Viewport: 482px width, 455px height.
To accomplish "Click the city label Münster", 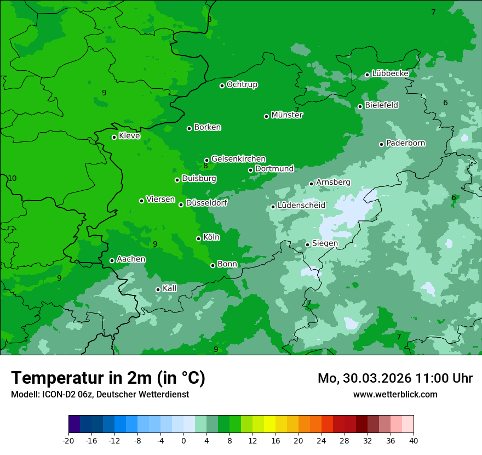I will tap(287, 115).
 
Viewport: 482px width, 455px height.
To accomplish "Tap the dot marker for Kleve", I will tap(114, 137).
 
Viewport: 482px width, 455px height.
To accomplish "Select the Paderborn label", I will tap(405, 143).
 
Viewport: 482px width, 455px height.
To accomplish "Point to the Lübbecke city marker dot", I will tap(367, 75).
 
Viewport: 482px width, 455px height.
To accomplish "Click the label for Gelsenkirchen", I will tap(238, 159).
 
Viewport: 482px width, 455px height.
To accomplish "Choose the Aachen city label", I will tap(131, 259).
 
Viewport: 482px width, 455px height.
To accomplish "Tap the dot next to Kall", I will tap(158, 289).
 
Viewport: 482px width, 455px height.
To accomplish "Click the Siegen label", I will tap(325, 243).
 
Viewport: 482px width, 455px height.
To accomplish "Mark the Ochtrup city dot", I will tap(222, 86).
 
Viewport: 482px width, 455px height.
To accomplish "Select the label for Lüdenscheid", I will tap(301, 206).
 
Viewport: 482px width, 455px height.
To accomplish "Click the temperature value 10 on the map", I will tap(12, 178).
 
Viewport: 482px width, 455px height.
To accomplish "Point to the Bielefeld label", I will tap(381, 105).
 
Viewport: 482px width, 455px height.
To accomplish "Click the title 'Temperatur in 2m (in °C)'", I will tap(108, 378).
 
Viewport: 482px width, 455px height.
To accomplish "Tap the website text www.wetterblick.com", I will tap(395, 394).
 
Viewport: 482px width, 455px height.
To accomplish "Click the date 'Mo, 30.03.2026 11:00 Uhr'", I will tap(395, 378).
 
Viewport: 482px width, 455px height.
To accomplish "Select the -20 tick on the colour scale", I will tap(68, 440).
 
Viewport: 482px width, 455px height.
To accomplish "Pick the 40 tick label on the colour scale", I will tap(414, 440).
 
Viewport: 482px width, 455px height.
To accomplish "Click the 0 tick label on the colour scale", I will tap(183, 440).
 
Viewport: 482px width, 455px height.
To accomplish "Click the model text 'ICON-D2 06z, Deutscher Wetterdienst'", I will tap(115, 394).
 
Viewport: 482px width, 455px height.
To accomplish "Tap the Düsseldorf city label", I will tap(206, 203).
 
